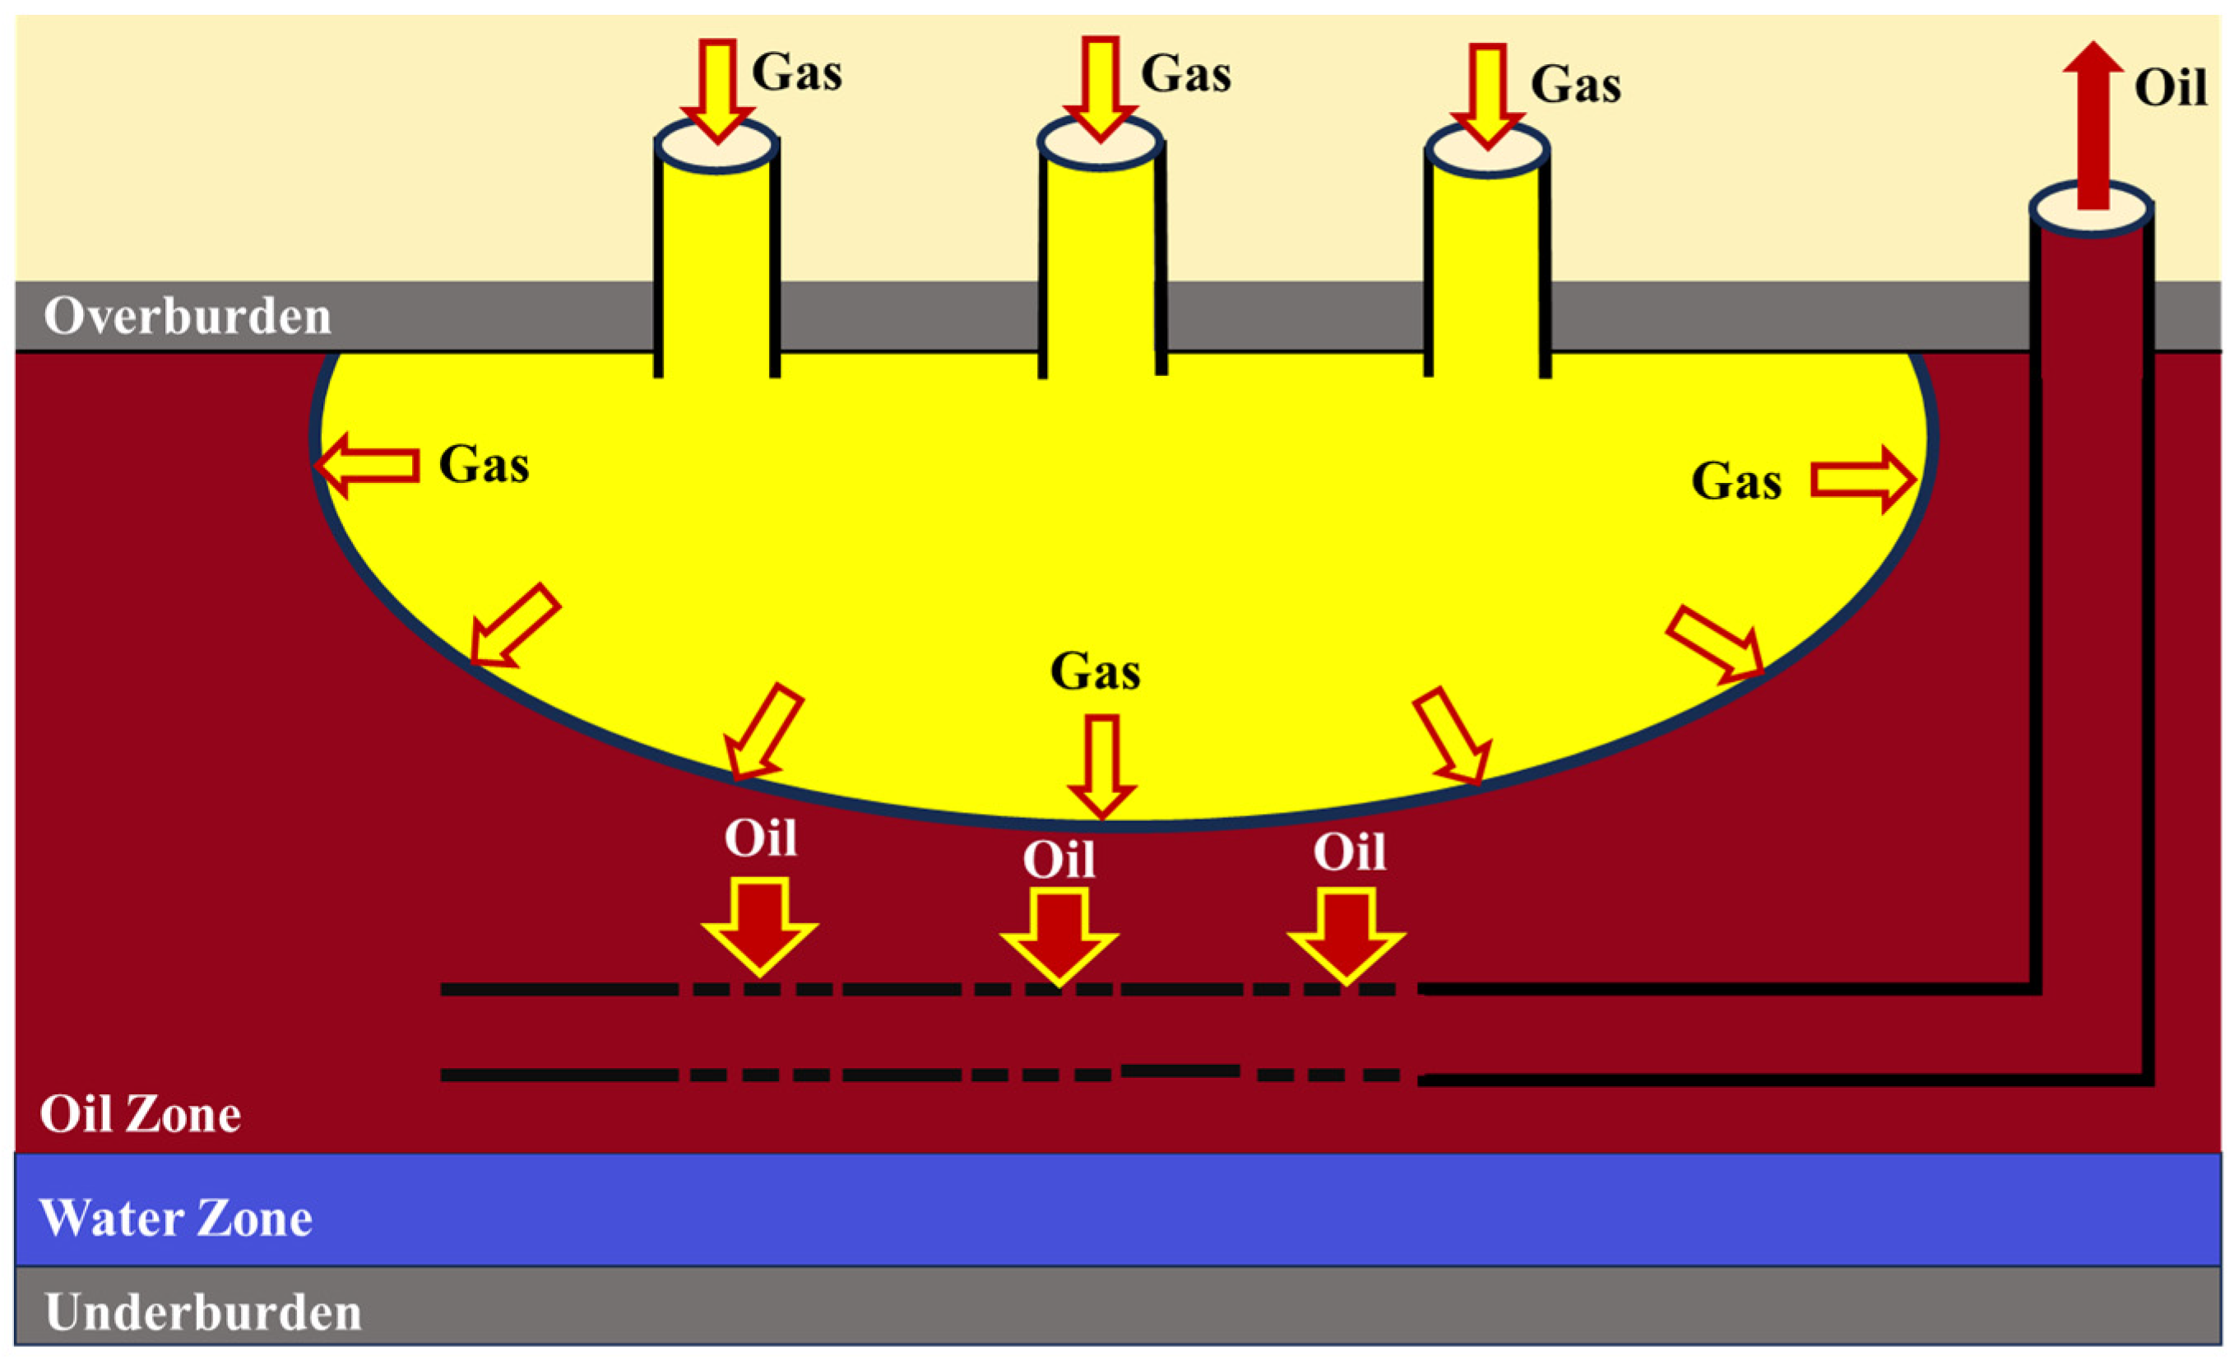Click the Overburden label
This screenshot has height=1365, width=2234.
187,317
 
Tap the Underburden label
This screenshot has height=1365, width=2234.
203,1312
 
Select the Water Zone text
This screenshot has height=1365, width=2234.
175,1218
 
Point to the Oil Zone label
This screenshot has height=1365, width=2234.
141,1115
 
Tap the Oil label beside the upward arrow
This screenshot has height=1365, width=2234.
2170,88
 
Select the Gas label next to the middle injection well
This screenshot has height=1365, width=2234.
1185,73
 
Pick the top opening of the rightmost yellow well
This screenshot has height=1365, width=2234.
1487,151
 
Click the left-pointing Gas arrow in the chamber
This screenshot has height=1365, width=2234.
367,465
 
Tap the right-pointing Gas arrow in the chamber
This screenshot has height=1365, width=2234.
1862,480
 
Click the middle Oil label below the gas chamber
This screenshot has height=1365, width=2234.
1058,859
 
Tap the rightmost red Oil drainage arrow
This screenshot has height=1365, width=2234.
1346,935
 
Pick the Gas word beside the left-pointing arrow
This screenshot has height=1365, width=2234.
484,465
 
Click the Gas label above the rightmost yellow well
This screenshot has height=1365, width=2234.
1575,86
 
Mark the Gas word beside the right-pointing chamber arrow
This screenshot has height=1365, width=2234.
1736,481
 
